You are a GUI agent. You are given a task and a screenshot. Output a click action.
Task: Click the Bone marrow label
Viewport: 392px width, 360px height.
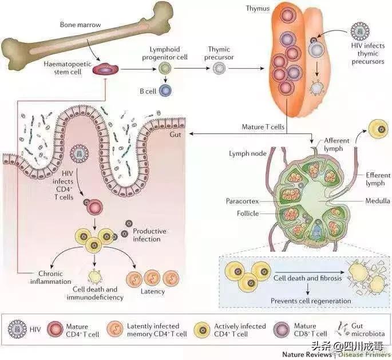81,26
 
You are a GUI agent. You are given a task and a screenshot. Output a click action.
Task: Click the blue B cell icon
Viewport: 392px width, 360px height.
165,89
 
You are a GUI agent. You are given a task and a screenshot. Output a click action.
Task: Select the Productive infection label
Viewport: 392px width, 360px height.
149,235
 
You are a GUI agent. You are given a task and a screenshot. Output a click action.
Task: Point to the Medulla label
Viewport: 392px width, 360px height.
378,201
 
